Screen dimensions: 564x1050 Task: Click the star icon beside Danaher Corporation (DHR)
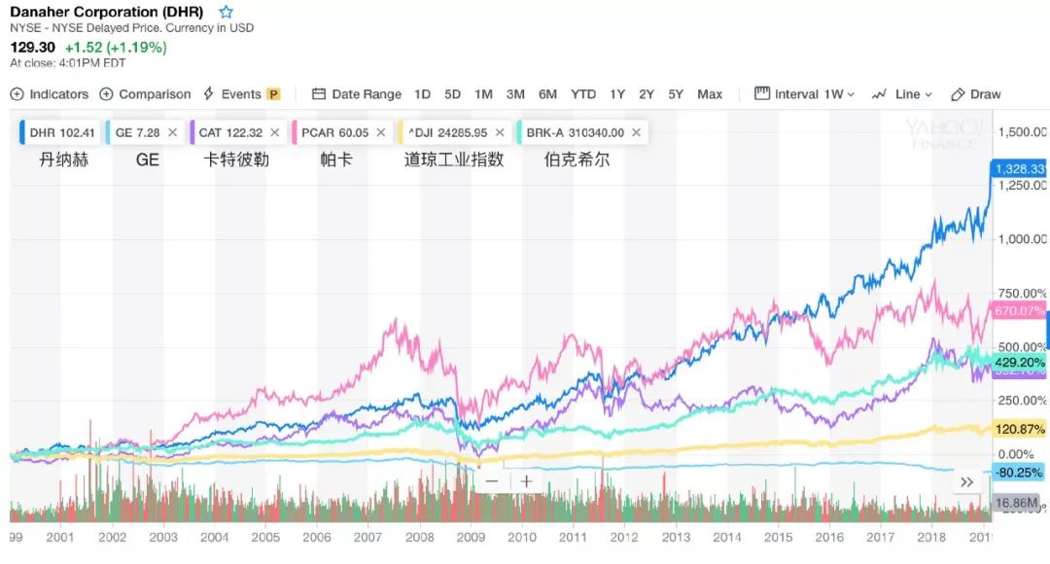(x=226, y=13)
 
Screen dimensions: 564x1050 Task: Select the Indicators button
(x=50, y=94)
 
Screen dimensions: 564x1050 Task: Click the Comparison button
(x=146, y=94)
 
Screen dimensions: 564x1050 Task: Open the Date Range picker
(x=357, y=94)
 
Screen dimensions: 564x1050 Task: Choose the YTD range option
(x=583, y=94)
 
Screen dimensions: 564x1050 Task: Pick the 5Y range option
(x=676, y=94)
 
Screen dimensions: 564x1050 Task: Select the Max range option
(x=710, y=94)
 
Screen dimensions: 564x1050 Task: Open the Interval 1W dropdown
(x=805, y=94)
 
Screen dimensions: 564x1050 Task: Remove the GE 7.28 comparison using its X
(x=172, y=132)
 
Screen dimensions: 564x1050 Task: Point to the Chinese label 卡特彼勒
(x=235, y=159)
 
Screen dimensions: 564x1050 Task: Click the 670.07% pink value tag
(x=1019, y=311)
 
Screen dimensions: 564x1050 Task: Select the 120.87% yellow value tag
(x=1019, y=429)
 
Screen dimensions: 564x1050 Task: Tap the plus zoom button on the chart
(x=526, y=480)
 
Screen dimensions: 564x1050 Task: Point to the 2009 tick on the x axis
(x=471, y=537)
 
